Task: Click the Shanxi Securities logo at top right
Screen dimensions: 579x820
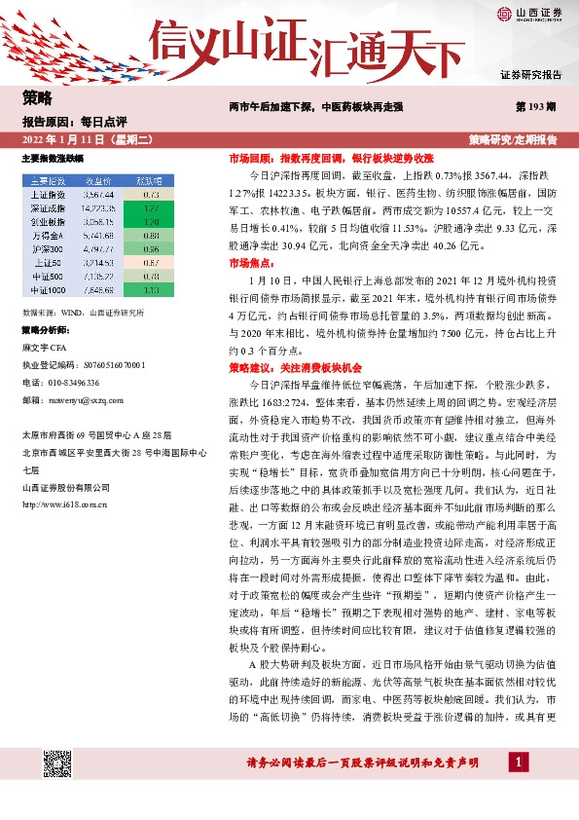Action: point(528,14)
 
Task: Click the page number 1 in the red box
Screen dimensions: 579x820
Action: point(522,761)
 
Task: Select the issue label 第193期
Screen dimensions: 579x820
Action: point(536,104)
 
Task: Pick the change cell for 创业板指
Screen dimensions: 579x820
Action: point(150,222)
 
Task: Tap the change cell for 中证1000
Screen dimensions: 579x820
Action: point(150,289)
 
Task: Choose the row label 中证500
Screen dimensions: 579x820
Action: point(48,276)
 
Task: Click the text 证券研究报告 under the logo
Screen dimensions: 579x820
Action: point(529,74)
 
